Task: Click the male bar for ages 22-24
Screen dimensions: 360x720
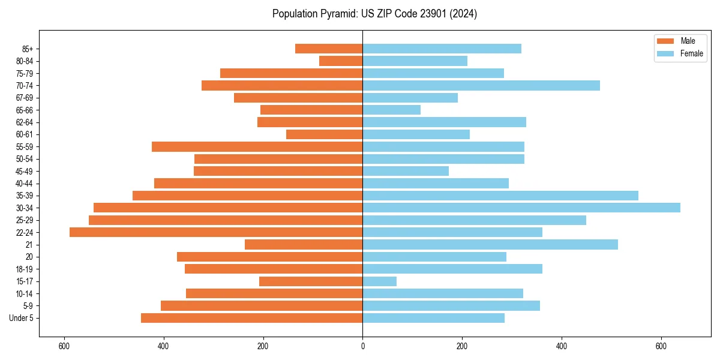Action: pos(216,232)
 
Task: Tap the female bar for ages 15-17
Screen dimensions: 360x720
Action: pos(379,281)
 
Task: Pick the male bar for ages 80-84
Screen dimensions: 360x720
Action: pos(341,61)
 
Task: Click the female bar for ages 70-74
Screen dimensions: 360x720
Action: pos(481,85)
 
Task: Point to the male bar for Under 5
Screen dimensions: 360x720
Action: pos(251,318)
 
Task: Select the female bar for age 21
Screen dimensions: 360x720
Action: pos(490,245)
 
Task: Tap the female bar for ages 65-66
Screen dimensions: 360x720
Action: pos(391,110)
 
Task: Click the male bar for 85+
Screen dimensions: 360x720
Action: pos(329,49)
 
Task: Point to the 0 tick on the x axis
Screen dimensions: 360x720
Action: pos(362,346)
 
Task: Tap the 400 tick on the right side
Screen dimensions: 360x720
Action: pos(561,346)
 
